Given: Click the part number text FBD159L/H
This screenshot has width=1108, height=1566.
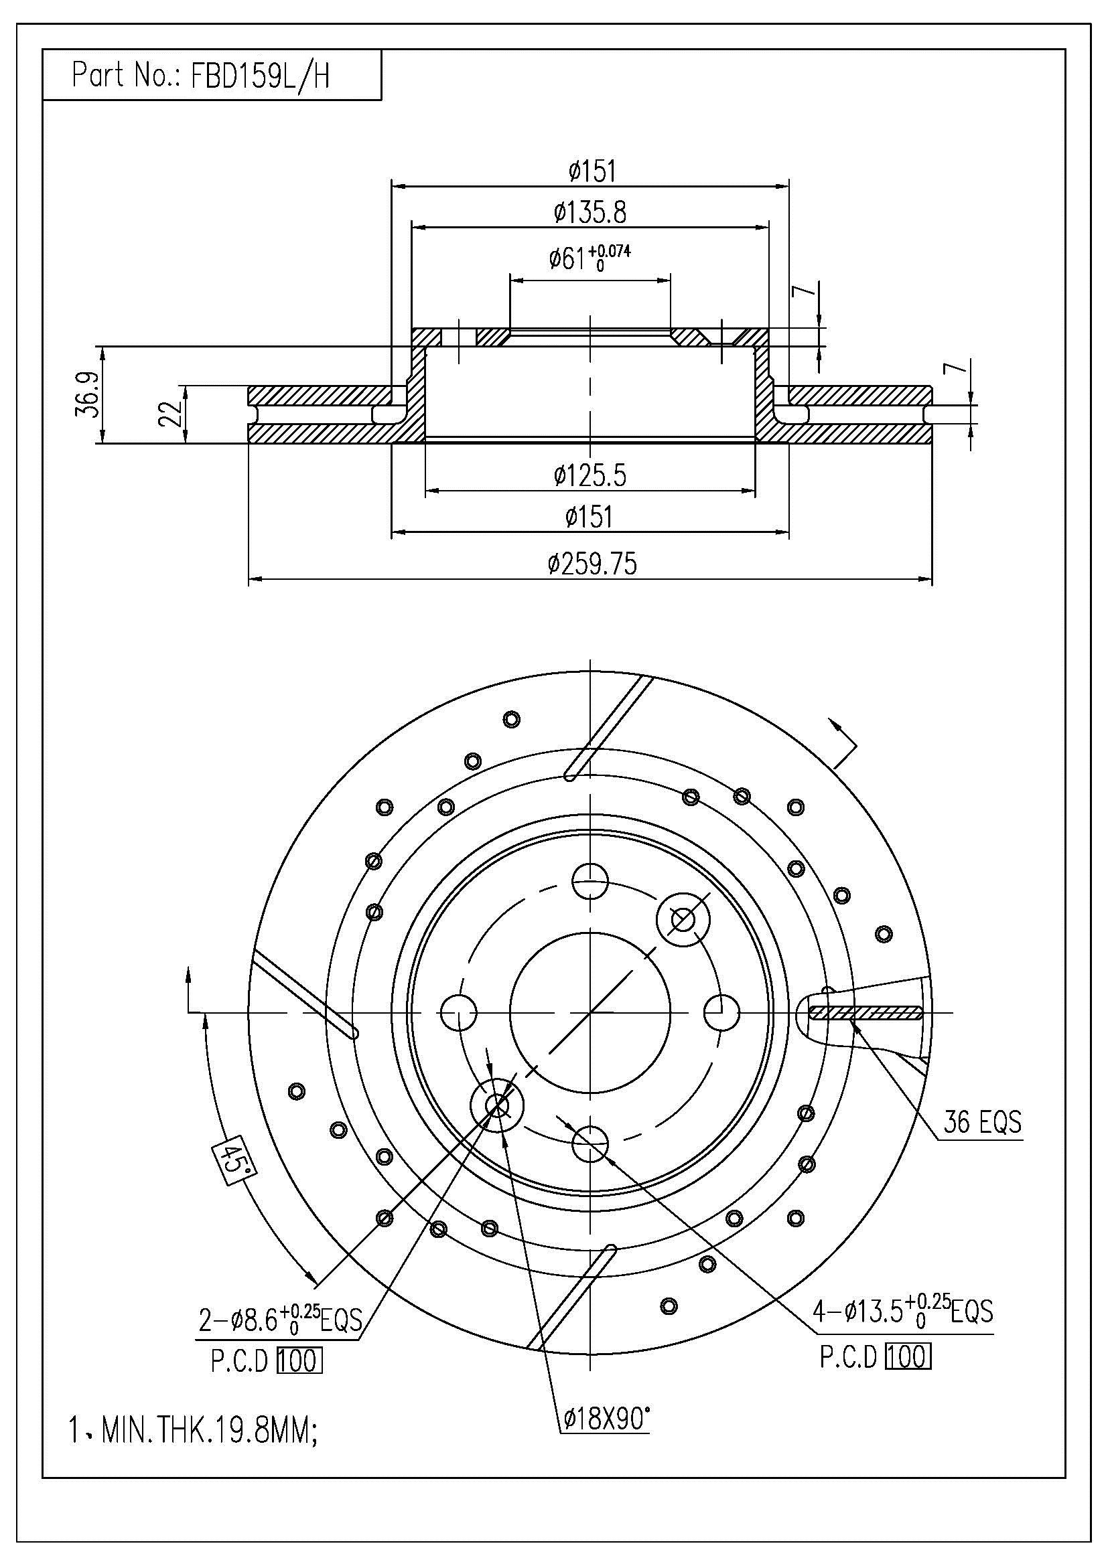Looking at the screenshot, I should (260, 76).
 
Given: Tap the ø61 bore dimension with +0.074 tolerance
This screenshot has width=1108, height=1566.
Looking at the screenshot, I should (590, 258).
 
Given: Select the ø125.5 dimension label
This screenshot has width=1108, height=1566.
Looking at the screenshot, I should (590, 475).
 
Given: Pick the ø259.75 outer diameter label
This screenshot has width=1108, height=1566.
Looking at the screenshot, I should (592, 563).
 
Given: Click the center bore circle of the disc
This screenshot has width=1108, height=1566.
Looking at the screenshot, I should (590, 1013).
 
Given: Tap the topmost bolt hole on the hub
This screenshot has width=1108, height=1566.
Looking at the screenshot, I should (590, 882).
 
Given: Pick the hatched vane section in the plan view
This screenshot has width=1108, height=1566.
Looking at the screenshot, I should (865, 1014).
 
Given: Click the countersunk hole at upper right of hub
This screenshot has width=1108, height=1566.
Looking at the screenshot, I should (683, 920).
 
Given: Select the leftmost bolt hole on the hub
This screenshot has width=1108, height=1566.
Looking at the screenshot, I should (458, 1013).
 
